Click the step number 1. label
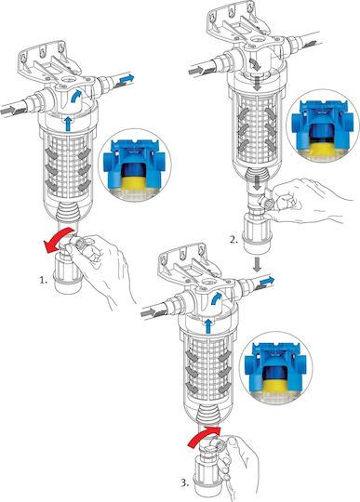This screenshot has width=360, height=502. [x=43, y=281]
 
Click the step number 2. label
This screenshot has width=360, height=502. [x=234, y=239]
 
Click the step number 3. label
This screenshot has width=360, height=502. [x=185, y=482]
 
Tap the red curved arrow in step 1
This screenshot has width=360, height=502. [x=60, y=240]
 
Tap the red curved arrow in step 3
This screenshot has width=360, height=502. [x=203, y=436]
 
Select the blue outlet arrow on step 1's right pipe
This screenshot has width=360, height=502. [x=127, y=78]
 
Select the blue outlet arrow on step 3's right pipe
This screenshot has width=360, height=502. [x=267, y=281]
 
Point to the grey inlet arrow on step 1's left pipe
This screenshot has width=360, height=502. [x=7, y=110]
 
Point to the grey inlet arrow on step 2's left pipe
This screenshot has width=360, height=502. [x=196, y=70]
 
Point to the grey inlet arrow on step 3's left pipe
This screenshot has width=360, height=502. [x=148, y=312]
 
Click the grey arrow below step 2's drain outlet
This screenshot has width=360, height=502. [x=257, y=264]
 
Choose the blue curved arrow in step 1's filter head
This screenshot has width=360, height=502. [x=75, y=96]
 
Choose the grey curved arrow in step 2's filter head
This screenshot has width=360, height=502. [x=256, y=65]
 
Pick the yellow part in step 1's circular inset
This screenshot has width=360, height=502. [x=134, y=183]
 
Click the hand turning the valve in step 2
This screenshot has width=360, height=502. [x=306, y=201]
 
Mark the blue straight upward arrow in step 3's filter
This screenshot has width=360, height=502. [x=208, y=326]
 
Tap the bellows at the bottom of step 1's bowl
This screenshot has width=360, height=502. [x=68, y=212]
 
